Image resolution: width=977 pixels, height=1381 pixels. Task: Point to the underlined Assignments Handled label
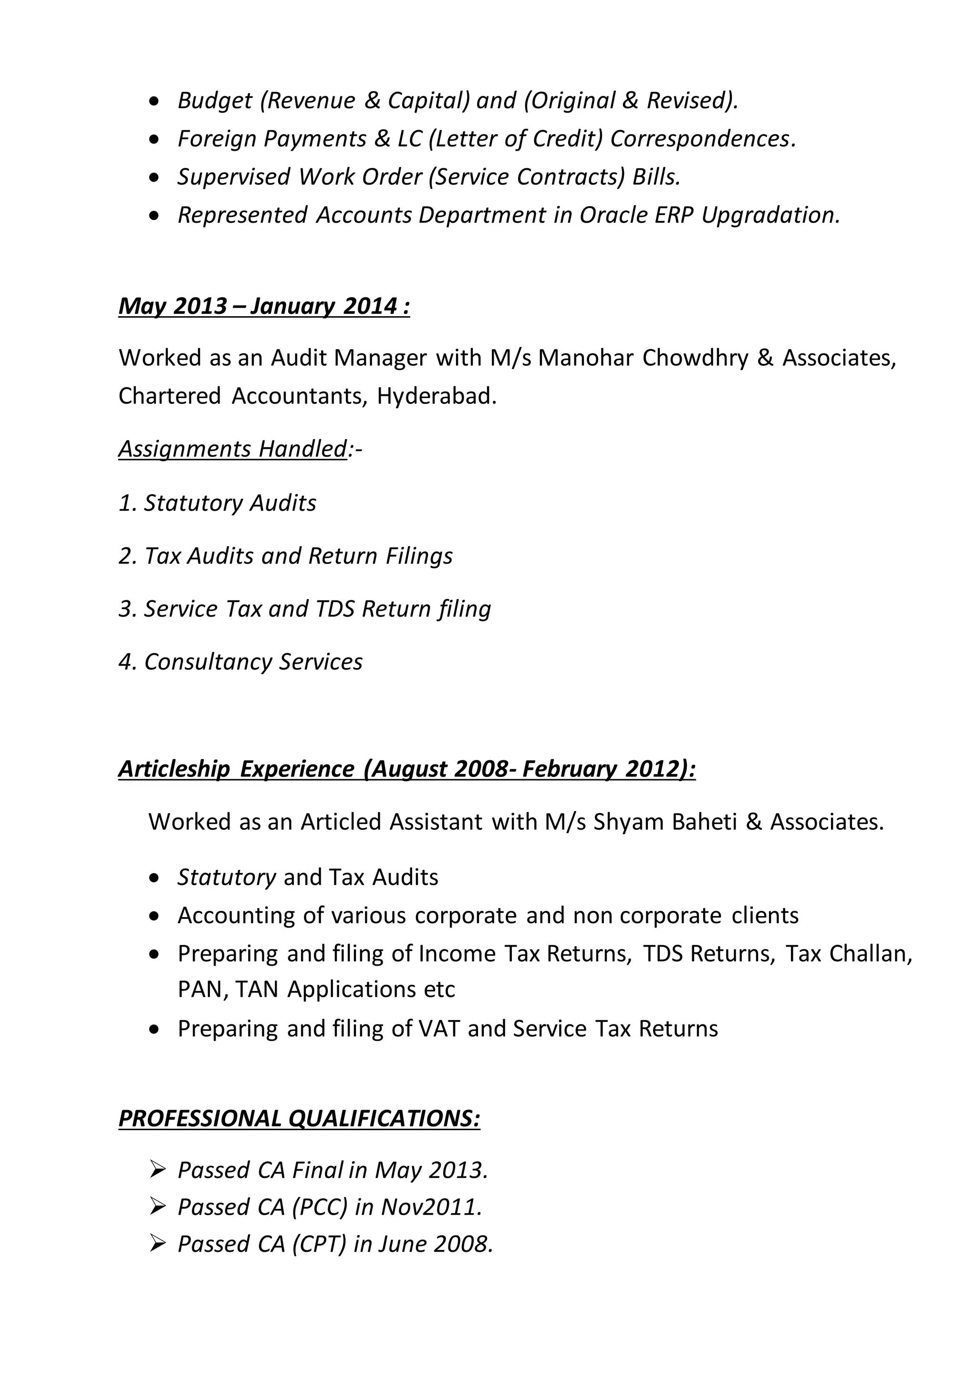pyautogui.click(x=233, y=449)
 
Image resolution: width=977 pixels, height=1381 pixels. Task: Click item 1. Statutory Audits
pyautogui.click(x=217, y=503)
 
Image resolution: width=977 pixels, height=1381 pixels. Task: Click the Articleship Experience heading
pyautogui.click(x=406, y=769)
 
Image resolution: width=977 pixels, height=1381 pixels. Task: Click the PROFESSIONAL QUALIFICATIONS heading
pyautogui.click(x=299, y=1118)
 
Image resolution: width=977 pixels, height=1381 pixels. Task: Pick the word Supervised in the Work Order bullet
pyautogui.click(x=233, y=177)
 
